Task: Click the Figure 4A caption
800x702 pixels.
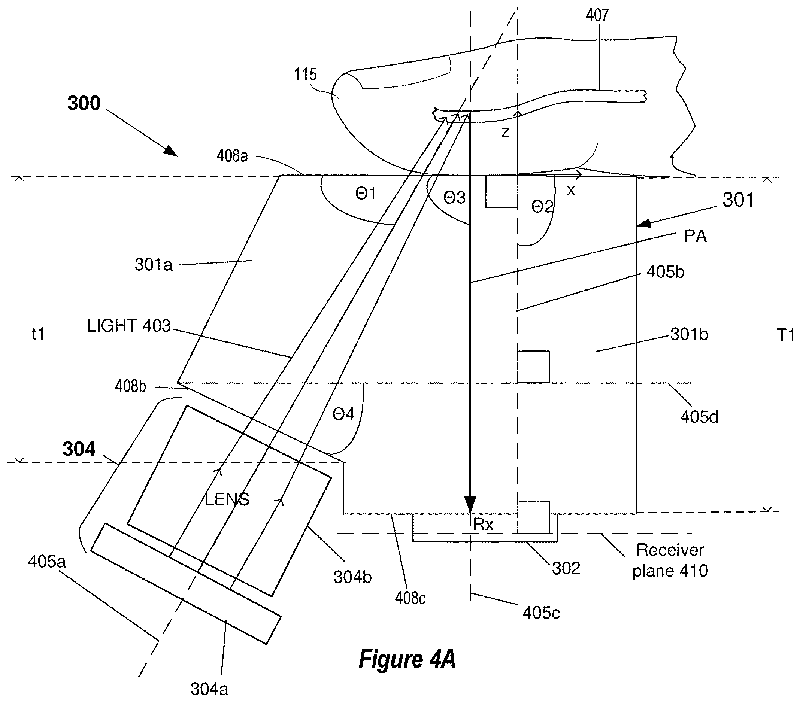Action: [x=407, y=659]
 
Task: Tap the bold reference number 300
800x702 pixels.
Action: [x=84, y=103]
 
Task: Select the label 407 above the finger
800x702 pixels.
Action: [x=597, y=15]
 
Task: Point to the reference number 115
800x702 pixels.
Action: [x=305, y=75]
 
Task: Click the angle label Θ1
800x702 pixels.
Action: [x=366, y=193]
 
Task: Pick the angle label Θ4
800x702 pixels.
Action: [x=343, y=414]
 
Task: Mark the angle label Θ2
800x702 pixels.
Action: [x=542, y=206]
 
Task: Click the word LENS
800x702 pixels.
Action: [x=227, y=499]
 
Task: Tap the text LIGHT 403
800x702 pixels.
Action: [x=129, y=326]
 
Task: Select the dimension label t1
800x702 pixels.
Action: [x=38, y=334]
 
